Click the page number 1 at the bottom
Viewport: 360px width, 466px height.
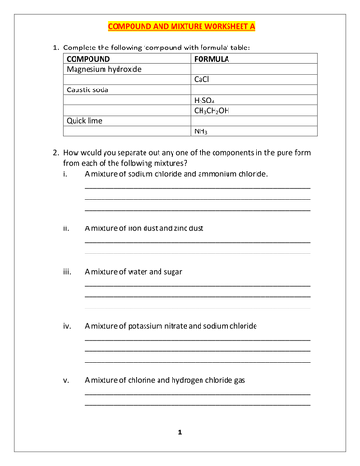coord(180,433)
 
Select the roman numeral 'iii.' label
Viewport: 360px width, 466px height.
coord(67,272)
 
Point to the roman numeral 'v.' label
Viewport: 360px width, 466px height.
coord(66,380)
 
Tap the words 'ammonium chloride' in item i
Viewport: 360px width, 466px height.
coord(233,173)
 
